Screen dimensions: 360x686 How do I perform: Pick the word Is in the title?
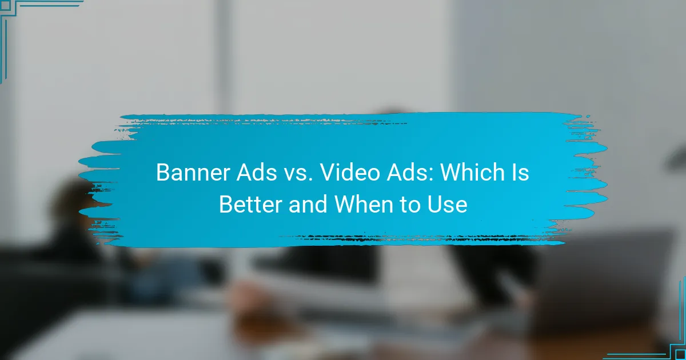pos(520,173)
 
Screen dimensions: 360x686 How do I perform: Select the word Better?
pos(250,204)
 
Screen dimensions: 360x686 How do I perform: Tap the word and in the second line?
pos(309,204)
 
